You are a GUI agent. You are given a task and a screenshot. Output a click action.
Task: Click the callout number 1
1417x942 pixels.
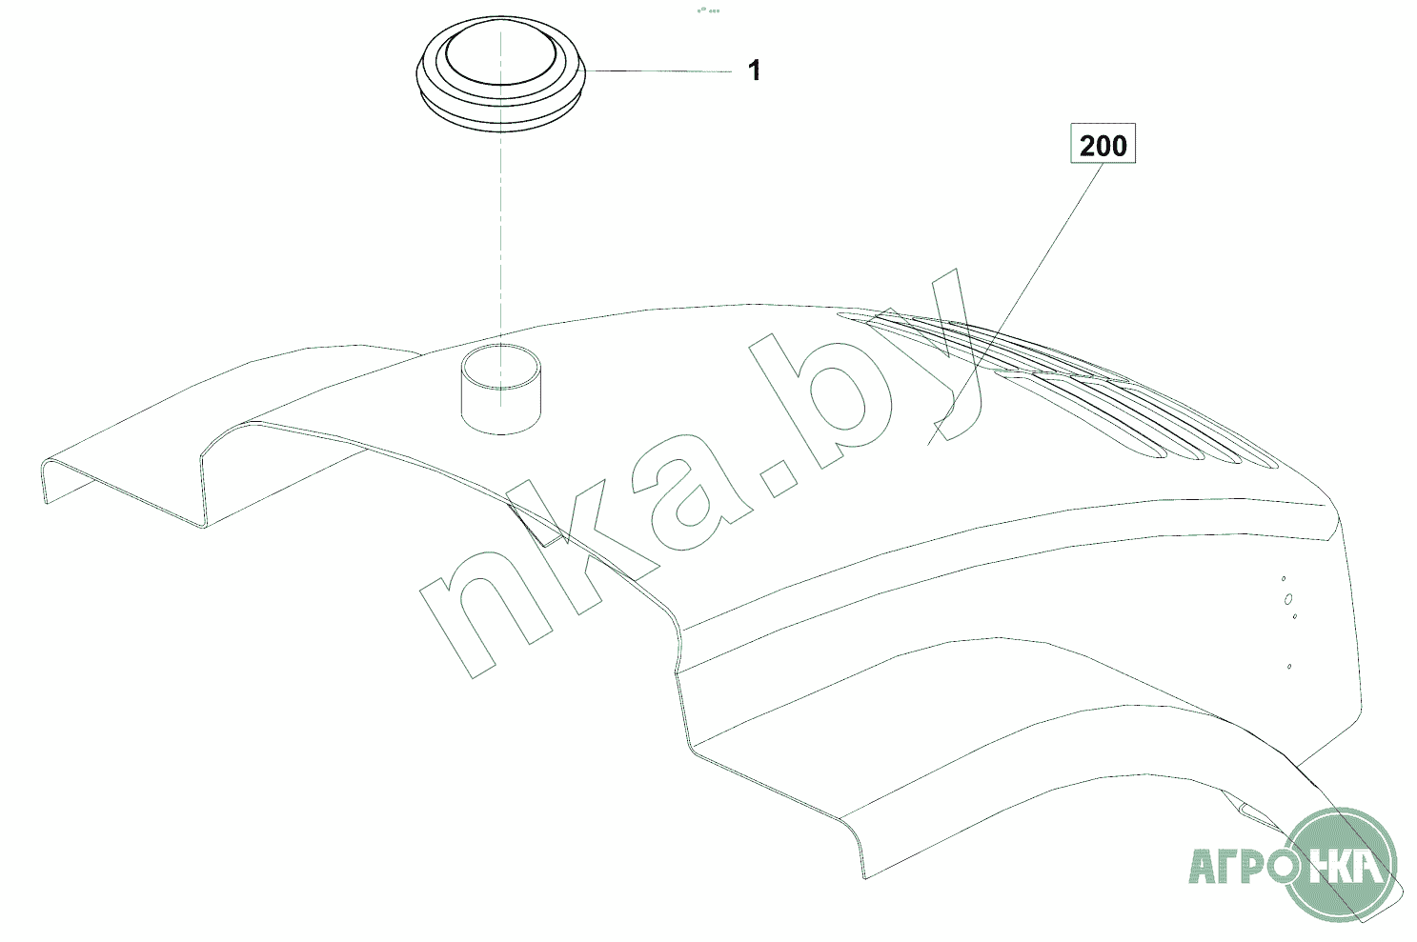[x=754, y=70]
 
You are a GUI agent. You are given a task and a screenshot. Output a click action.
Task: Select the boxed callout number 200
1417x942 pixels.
[x=1103, y=144]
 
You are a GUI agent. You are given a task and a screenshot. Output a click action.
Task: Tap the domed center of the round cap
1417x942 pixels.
[x=501, y=50]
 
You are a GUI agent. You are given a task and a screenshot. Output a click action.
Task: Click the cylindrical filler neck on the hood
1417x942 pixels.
[x=500, y=389]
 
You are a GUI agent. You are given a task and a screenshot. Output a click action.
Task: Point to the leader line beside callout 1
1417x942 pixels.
[x=658, y=71]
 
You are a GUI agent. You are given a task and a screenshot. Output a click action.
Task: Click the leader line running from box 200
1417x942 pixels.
[x=1015, y=304]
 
